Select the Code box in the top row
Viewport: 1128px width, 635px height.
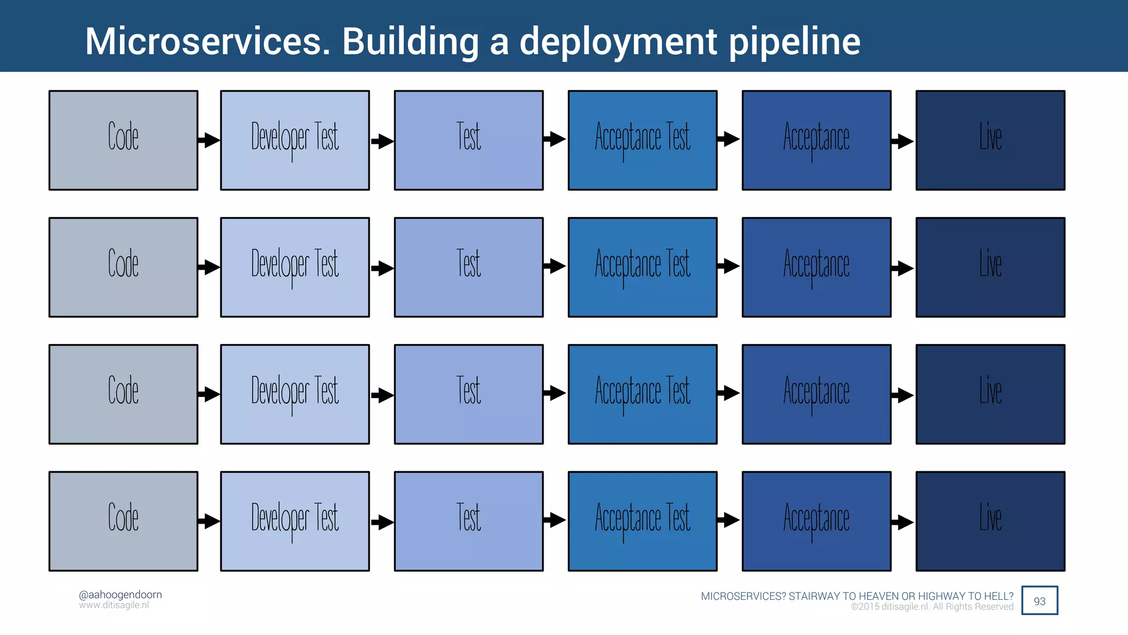(123, 140)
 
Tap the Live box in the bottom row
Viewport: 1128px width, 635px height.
(990, 521)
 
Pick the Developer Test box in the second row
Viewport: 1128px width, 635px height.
(295, 267)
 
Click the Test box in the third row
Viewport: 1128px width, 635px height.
(469, 394)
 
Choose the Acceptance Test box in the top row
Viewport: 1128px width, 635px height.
(642, 140)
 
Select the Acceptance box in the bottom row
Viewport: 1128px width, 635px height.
(816, 521)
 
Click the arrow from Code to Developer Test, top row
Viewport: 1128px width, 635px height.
(209, 140)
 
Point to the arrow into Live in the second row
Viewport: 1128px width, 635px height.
(903, 268)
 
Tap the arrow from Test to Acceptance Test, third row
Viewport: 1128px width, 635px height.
(555, 393)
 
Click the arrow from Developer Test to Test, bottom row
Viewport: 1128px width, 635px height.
(382, 522)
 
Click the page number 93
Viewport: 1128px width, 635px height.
(1039, 601)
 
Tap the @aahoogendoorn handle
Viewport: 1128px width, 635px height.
(120, 594)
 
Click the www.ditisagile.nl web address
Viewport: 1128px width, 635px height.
(113, 605)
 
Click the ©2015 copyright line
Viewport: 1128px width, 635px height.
(932, 607)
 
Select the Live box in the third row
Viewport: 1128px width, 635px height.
(990, 394)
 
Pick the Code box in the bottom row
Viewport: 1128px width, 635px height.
(123, 521)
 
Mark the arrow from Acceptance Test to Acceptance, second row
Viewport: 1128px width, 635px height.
(729, 266)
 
